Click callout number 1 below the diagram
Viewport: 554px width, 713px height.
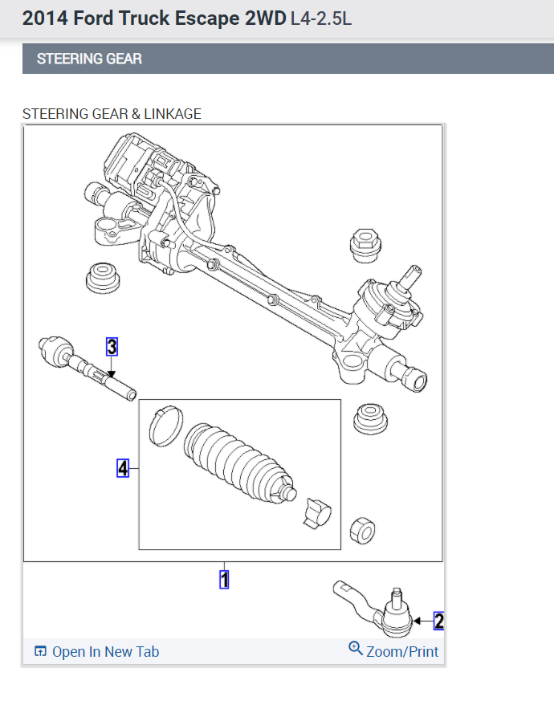tap(225, 579)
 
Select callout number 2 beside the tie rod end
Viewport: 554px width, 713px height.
tap(438, 621)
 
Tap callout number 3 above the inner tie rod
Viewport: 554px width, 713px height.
tap(112, 347)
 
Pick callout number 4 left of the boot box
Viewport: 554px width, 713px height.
tap(123, 468)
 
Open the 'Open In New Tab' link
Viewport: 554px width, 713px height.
tap(105, 651)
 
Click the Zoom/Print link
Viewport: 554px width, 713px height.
tap(402, 651)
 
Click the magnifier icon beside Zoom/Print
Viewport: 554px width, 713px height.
tap(356, 648)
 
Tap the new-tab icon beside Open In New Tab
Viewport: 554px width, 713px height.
tap(41, 651)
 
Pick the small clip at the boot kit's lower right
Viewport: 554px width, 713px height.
tap(317, 512)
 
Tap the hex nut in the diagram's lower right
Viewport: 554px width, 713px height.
tap(364, 528)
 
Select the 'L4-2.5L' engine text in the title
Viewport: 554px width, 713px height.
tap(320, 18)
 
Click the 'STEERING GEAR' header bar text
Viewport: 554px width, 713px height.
tap(89, 59)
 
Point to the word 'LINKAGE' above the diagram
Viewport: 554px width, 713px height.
tap(173, 114)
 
